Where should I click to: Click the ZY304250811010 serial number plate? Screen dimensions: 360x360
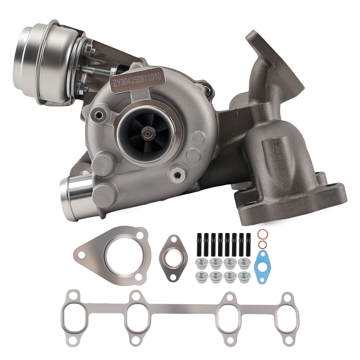tap(137, 80)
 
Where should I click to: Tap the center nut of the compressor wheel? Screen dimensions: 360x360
tap(148, 133)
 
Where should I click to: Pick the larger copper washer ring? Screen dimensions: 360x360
tap(263, 234)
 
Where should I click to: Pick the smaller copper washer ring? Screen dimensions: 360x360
tap(263, 244)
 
